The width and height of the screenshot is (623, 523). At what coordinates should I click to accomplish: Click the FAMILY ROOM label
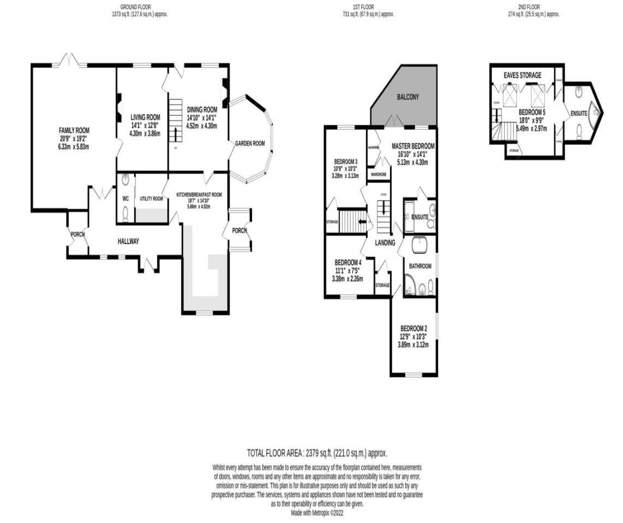tap(74, 130)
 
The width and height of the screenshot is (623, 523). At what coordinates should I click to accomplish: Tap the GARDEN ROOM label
tap(250, 143)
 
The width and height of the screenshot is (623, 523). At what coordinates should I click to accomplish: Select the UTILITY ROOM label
tap(151, 199)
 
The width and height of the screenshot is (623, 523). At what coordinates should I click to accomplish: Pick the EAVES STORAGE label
tap(523, 75)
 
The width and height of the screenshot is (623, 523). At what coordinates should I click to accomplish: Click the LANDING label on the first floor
tap(385, 242)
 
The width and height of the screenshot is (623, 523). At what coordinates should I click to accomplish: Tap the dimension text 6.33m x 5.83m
tap(74, 146)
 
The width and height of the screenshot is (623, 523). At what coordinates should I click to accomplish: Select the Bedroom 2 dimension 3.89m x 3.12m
tap(413, 344)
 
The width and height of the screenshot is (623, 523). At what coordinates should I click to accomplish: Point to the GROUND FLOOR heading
tap(136, 7)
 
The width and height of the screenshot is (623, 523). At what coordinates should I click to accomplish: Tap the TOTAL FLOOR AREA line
tap(317, 453)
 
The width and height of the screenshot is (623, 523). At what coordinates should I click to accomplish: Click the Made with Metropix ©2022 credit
tap(317, 513)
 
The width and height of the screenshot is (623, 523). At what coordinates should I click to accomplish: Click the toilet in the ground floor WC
tap(126, 214)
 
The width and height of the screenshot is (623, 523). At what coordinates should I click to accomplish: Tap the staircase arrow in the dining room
tap(175, 133)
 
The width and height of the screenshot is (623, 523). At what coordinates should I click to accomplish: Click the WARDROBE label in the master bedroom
tap(379, 174)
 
